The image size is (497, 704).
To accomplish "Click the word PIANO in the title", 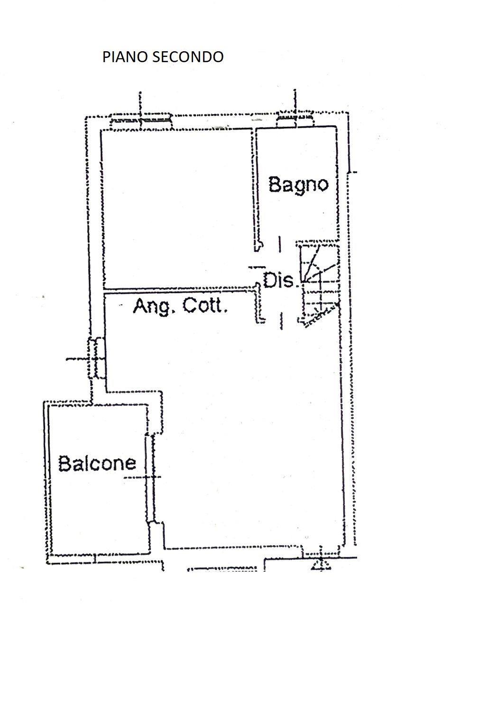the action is pos(125,57).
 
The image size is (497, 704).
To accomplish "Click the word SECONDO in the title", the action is pos(188,57).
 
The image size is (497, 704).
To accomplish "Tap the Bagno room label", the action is pos(298,185).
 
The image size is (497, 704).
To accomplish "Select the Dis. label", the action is pos(280,280).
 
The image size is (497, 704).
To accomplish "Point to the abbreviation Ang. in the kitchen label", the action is pos(154,306).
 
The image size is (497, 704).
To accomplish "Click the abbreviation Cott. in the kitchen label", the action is pos(205,306).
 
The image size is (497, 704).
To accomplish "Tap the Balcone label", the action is pos(97,463).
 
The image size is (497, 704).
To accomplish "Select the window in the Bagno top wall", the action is pos(295,119).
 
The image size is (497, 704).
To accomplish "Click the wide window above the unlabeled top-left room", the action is pos(141,121).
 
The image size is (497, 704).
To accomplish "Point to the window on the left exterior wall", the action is pos(96,358).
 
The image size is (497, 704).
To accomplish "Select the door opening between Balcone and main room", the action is pos(150,478).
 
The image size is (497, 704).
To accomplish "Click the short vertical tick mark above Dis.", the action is pos(280,244).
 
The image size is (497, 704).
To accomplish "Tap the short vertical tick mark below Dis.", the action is pos(281,321).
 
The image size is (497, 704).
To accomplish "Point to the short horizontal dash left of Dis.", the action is pos(257,267).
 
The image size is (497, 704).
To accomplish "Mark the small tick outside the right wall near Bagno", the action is pos(353,172).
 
